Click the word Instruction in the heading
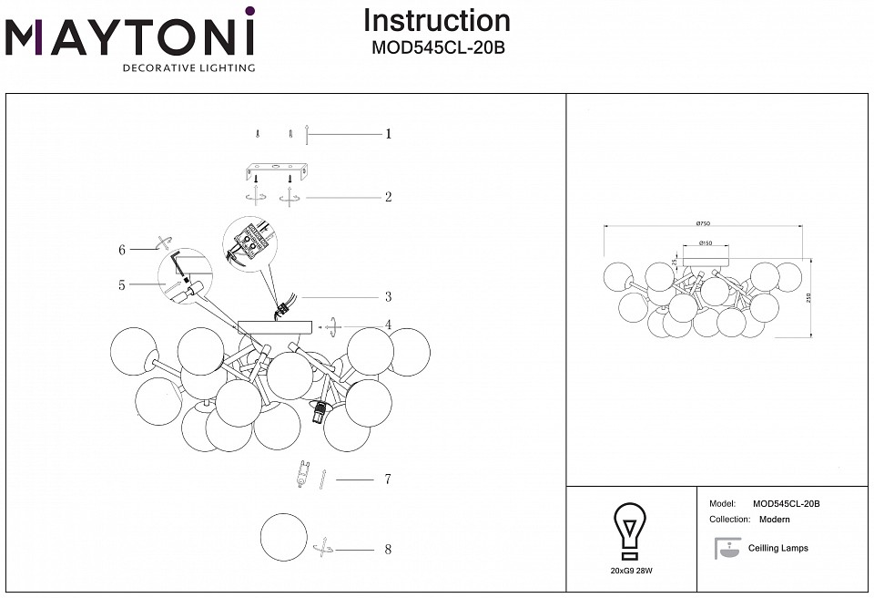tap(437, 20)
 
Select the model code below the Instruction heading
tap(437, 48)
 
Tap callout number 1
tap(388, 134)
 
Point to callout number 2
tap(388, 197)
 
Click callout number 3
tap(388, 297)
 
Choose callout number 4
tap(388, 325)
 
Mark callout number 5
tap(121, 284)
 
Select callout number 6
tap(121, 249)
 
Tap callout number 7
tap(388, 479)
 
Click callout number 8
tap(388, 550)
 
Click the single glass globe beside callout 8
tap(283, 539)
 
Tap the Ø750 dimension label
tap(702, 222)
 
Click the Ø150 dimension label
tap(705, 243)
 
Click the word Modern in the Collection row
tap(774, 520)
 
